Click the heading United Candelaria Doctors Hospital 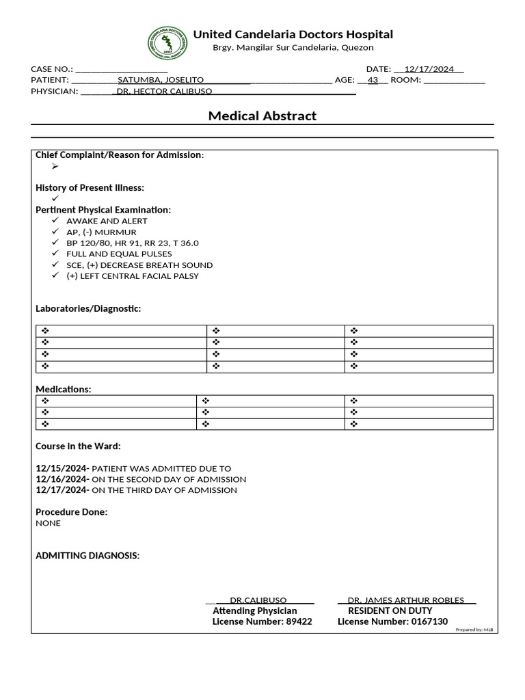[x=293, y=34]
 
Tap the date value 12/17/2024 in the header [x=429, y=69]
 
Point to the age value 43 [x=373, y=80]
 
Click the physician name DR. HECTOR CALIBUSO [x=164, y=91]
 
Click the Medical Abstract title [x=262, y=116]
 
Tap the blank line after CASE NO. [x=121, y=69]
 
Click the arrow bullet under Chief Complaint [x=55, y=166]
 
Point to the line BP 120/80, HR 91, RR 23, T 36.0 [x=133, y=243]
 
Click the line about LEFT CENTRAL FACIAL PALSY [x=133, y=275]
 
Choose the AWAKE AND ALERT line [x=107, y=221]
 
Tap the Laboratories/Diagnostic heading [x=88, y=308]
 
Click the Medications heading [x=63, y=389]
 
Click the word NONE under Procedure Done [x=48, y=523]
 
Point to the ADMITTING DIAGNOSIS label [x=87, y=556]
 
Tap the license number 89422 [x=299, y=621]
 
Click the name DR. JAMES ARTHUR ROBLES [x=406, y=600]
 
